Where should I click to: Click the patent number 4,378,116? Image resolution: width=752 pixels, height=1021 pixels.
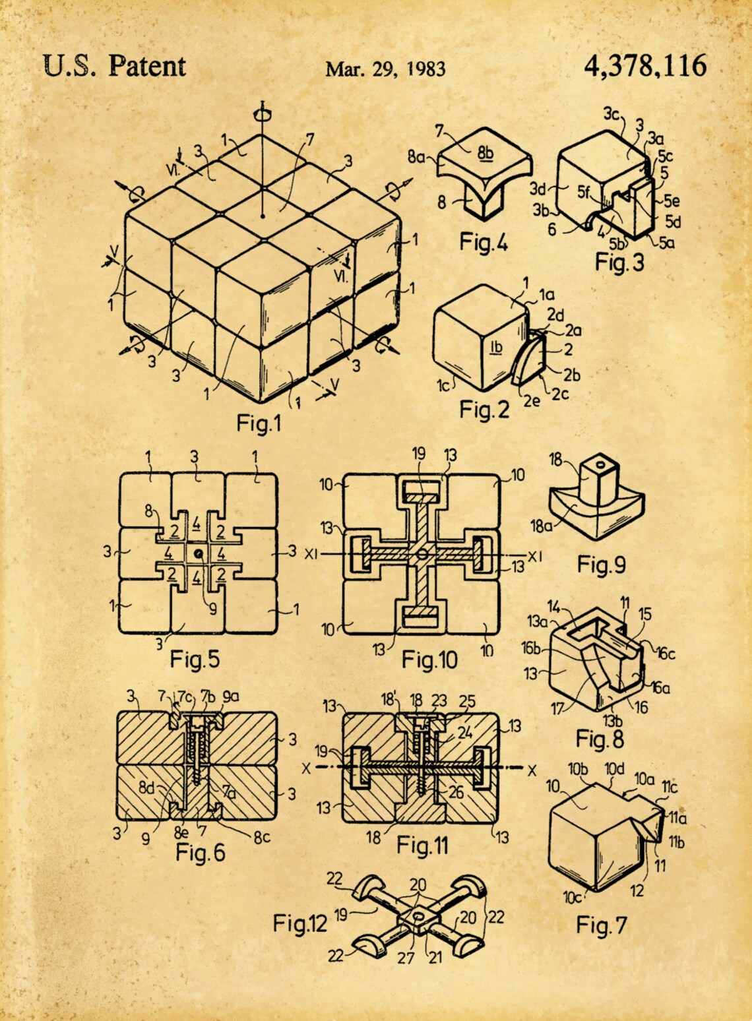tap(644, 67)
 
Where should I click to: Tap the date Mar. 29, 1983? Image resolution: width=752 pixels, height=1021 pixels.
tap(385, 69)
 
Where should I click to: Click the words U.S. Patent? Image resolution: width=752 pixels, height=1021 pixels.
tap(114, 66)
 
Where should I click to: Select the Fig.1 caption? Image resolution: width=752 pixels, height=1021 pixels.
tap(259, 423)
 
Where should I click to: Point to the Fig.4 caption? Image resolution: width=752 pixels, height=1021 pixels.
tap(484, 243)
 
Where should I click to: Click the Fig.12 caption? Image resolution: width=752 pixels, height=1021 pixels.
tap(300, 923)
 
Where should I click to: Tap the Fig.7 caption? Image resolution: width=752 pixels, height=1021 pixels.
tap(601, 925)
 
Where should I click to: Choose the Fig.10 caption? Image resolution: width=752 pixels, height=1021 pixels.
tap(429, 659)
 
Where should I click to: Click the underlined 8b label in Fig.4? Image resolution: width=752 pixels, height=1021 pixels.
tap(486, 153)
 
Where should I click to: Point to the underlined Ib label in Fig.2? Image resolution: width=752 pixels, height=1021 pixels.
tap(496, 346)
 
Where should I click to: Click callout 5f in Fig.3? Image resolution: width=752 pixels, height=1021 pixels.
tap(584, 192)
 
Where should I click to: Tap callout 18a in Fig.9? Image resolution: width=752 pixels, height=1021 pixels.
tap(542, 526)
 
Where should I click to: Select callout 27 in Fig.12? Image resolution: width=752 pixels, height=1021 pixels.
tap(405, 957)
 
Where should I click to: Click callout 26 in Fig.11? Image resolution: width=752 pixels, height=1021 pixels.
tap(456, 792)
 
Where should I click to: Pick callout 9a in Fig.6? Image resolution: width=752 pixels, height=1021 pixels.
tap(231, 696)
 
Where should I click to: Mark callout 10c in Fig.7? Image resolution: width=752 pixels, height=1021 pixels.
tap(572, 898)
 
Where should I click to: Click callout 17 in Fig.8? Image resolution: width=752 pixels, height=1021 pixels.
tap(558, 710)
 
